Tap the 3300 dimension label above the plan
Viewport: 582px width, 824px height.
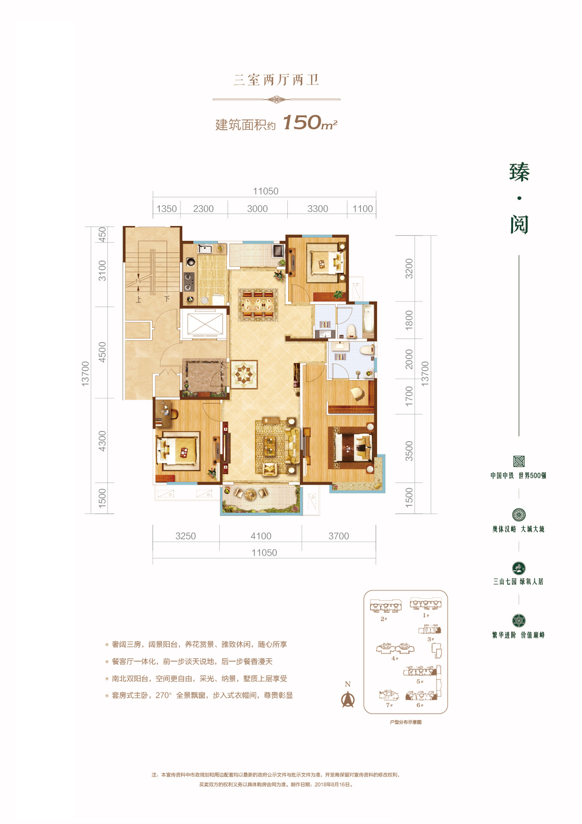pos(318,209)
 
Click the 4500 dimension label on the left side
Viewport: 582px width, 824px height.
pos(102,352)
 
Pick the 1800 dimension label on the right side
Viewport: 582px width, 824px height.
pos(409,320)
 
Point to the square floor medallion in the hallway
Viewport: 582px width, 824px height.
pos(244,374)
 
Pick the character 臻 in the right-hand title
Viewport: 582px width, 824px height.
pos(519,172)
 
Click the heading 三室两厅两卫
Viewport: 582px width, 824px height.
pos(276,80)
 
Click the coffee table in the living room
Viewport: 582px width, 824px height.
pos(271,444)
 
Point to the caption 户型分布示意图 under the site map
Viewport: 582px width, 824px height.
pos(406,722)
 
